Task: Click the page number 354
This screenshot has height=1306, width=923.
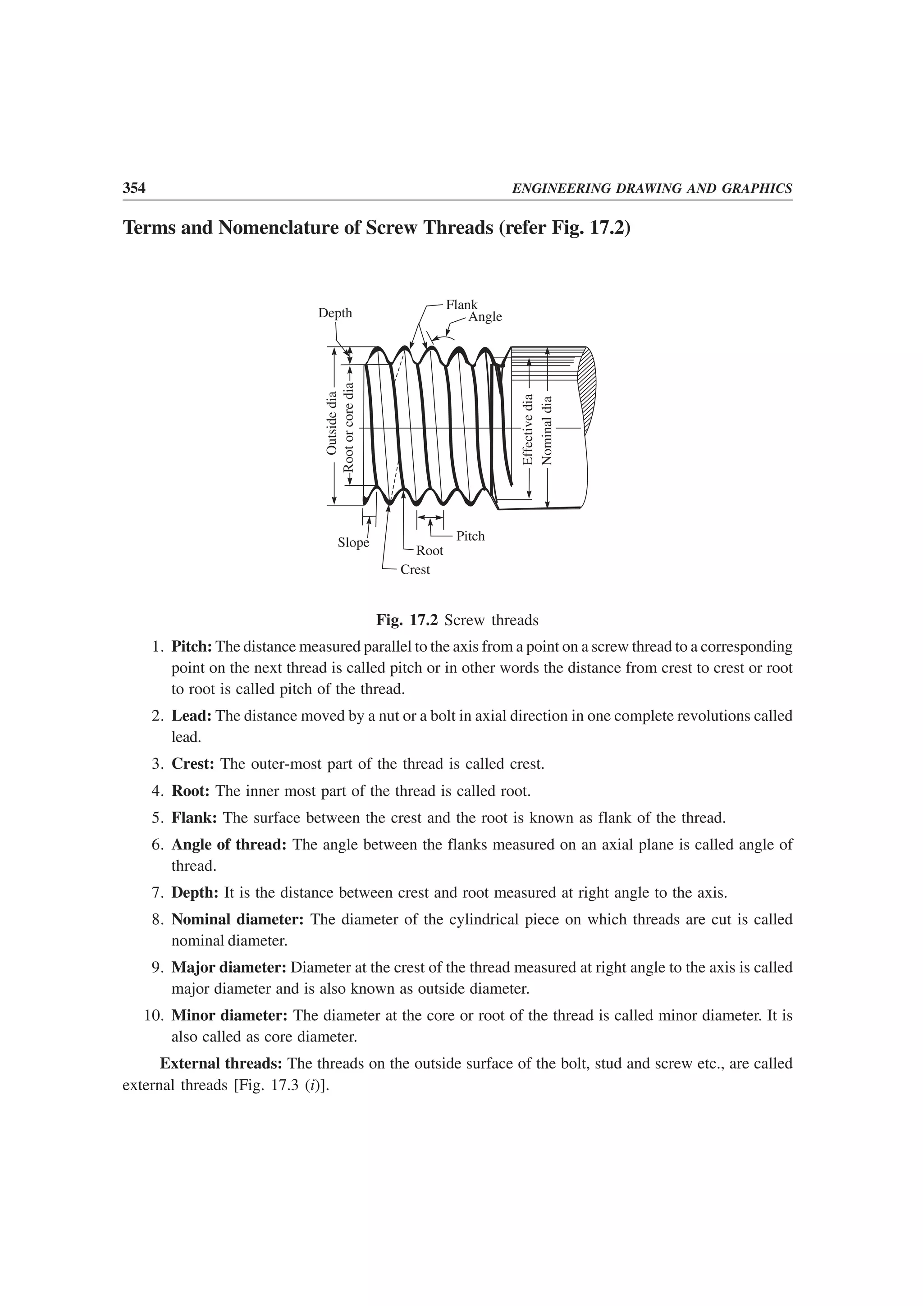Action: coord(134,188)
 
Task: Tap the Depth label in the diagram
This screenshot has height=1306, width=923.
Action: coord(335,313)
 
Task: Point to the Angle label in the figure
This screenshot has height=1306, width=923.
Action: coord(485,317)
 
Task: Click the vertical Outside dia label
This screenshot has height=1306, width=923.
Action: coord(332,423)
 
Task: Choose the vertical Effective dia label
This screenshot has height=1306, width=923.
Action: coord(528,429)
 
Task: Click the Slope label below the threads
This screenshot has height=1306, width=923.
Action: coord(353,543)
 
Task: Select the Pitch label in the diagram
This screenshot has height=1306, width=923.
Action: coord(471,536)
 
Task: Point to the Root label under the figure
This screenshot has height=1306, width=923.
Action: coord(430,551)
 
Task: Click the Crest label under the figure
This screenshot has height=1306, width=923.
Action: coord(415,569)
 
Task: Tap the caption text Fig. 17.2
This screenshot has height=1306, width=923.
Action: coord(407,620)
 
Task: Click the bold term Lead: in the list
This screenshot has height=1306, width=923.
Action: coord(192,716)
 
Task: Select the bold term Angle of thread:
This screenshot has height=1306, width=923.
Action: coord(228,845)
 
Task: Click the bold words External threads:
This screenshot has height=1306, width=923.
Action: coord(221,1064)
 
